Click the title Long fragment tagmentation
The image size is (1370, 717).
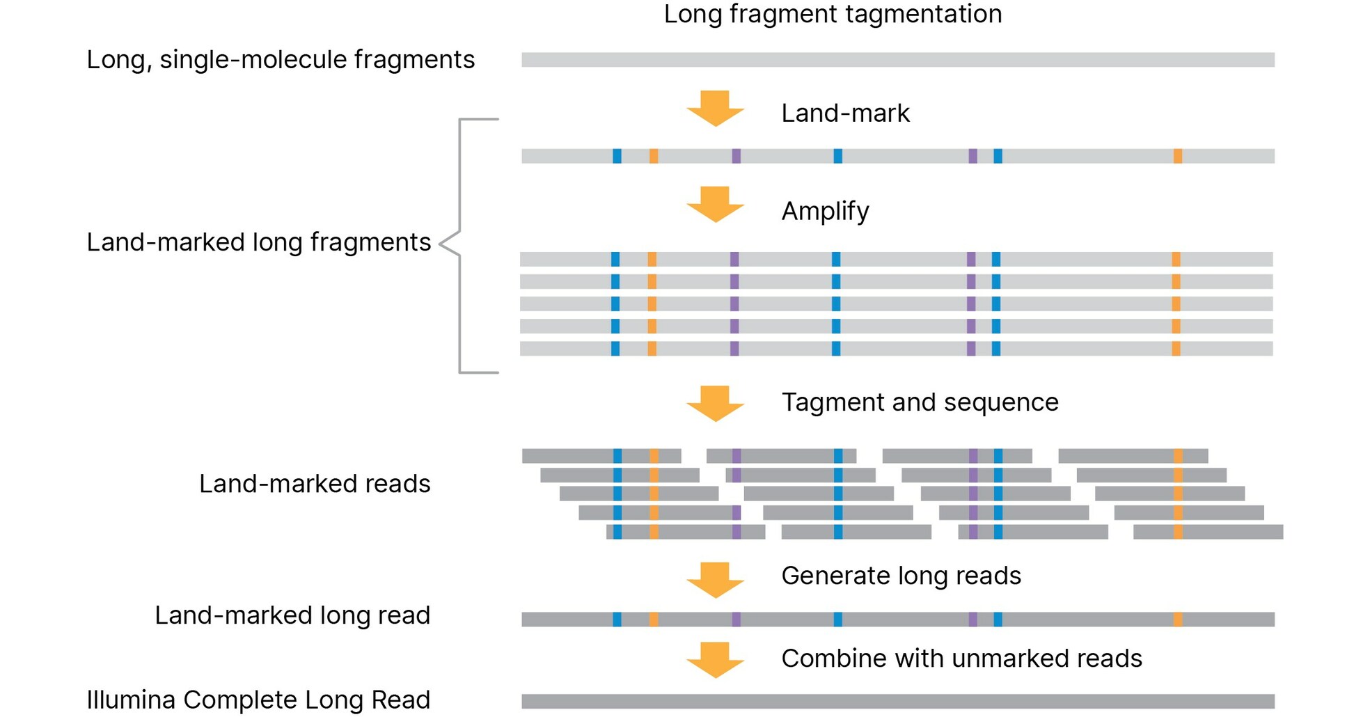(833, 15)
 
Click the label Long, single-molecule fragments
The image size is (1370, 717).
(281, 60)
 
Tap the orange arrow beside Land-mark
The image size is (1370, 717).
(715, 108)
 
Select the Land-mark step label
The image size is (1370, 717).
(845, 113)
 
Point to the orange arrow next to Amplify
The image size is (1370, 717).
(715, 204)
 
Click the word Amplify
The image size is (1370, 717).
(825, 211)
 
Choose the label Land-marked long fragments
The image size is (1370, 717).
(258, 242)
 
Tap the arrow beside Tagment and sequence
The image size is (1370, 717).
(715, 403)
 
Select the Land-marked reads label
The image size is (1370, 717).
(315, 484)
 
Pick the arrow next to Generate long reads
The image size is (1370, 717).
(715, 579)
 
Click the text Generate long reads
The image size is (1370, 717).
(901, 576)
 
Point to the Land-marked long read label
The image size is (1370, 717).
(292, 615)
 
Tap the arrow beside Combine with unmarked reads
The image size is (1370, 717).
(715, 659)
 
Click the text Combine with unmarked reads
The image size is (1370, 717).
(961, 659)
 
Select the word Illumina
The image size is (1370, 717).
(131, 700)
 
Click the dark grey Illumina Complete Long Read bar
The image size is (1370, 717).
(897, 701)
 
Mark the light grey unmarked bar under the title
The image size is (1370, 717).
(897, 60)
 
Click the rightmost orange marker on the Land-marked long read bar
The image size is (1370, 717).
(1177, 619)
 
